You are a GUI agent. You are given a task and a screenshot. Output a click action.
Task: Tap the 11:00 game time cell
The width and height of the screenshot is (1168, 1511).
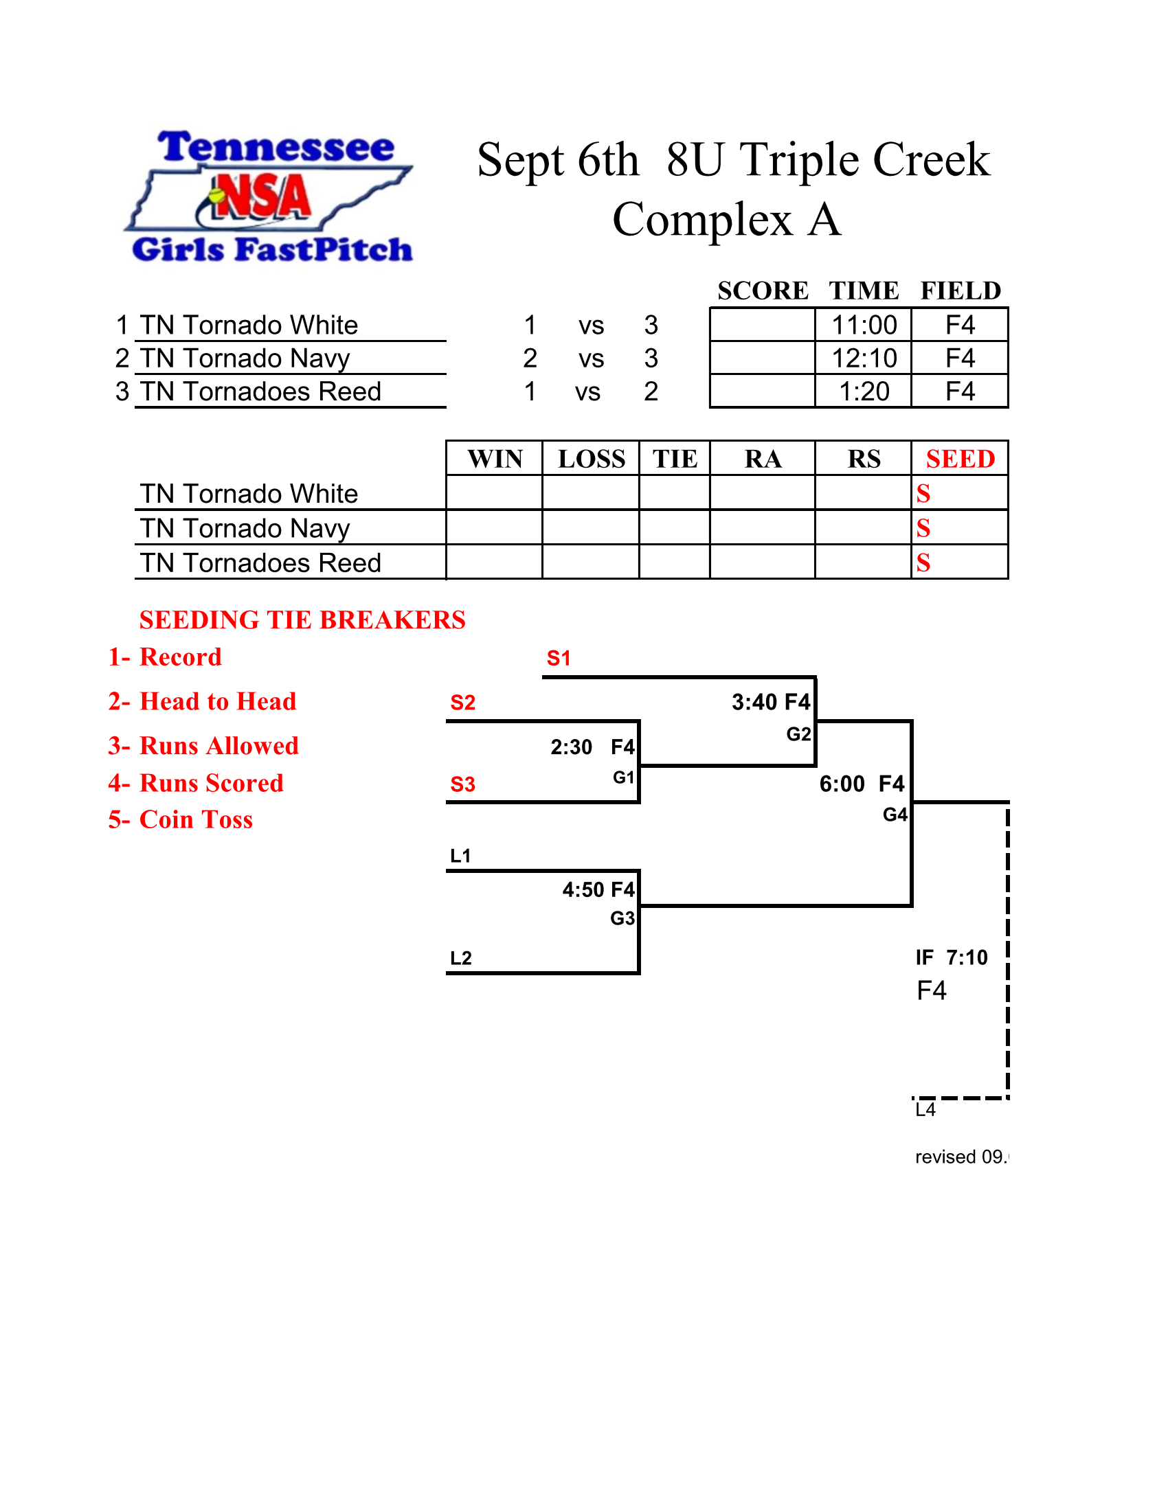pos(864,324)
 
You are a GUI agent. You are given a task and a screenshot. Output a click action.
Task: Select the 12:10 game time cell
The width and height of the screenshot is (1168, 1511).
pos(864,358)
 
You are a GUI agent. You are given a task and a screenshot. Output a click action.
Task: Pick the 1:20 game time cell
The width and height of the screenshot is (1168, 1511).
pos(864,391)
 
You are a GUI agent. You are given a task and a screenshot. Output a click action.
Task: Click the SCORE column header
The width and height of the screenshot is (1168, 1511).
pos(763,291)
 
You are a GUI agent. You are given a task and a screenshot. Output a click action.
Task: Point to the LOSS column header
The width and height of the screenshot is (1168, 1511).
pos(592,459)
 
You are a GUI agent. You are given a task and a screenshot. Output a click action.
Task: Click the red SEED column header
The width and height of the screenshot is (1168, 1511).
pos(961,459)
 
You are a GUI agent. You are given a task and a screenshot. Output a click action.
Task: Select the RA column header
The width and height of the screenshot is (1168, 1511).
pos(763,459)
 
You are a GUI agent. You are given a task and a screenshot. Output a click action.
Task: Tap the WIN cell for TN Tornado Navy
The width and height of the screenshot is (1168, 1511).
pos(494,527)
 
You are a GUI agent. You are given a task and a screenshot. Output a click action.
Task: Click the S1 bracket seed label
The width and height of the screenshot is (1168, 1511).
pos(559,658)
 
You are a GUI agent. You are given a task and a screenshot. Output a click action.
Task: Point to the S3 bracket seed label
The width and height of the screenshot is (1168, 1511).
pos(462,784)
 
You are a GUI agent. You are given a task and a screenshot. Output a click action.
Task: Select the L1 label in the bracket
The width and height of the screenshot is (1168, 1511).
pos(460,856)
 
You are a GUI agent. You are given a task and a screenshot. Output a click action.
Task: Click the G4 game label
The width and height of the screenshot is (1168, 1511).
pos(895,815)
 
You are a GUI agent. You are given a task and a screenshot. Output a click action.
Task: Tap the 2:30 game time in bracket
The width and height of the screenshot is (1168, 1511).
pos(571,747)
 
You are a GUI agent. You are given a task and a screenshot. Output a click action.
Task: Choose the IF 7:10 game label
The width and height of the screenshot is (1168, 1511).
pos(952,957)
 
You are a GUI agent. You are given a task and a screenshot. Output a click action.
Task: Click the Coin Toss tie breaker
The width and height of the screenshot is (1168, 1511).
pos(181,819)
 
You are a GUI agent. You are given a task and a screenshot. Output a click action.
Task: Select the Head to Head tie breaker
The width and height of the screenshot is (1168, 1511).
pos(202,701)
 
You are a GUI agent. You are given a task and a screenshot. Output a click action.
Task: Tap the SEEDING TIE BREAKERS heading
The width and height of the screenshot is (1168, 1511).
pos(302,620)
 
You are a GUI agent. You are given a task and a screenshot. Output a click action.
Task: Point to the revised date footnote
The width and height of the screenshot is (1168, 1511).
pos(962,1157)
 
